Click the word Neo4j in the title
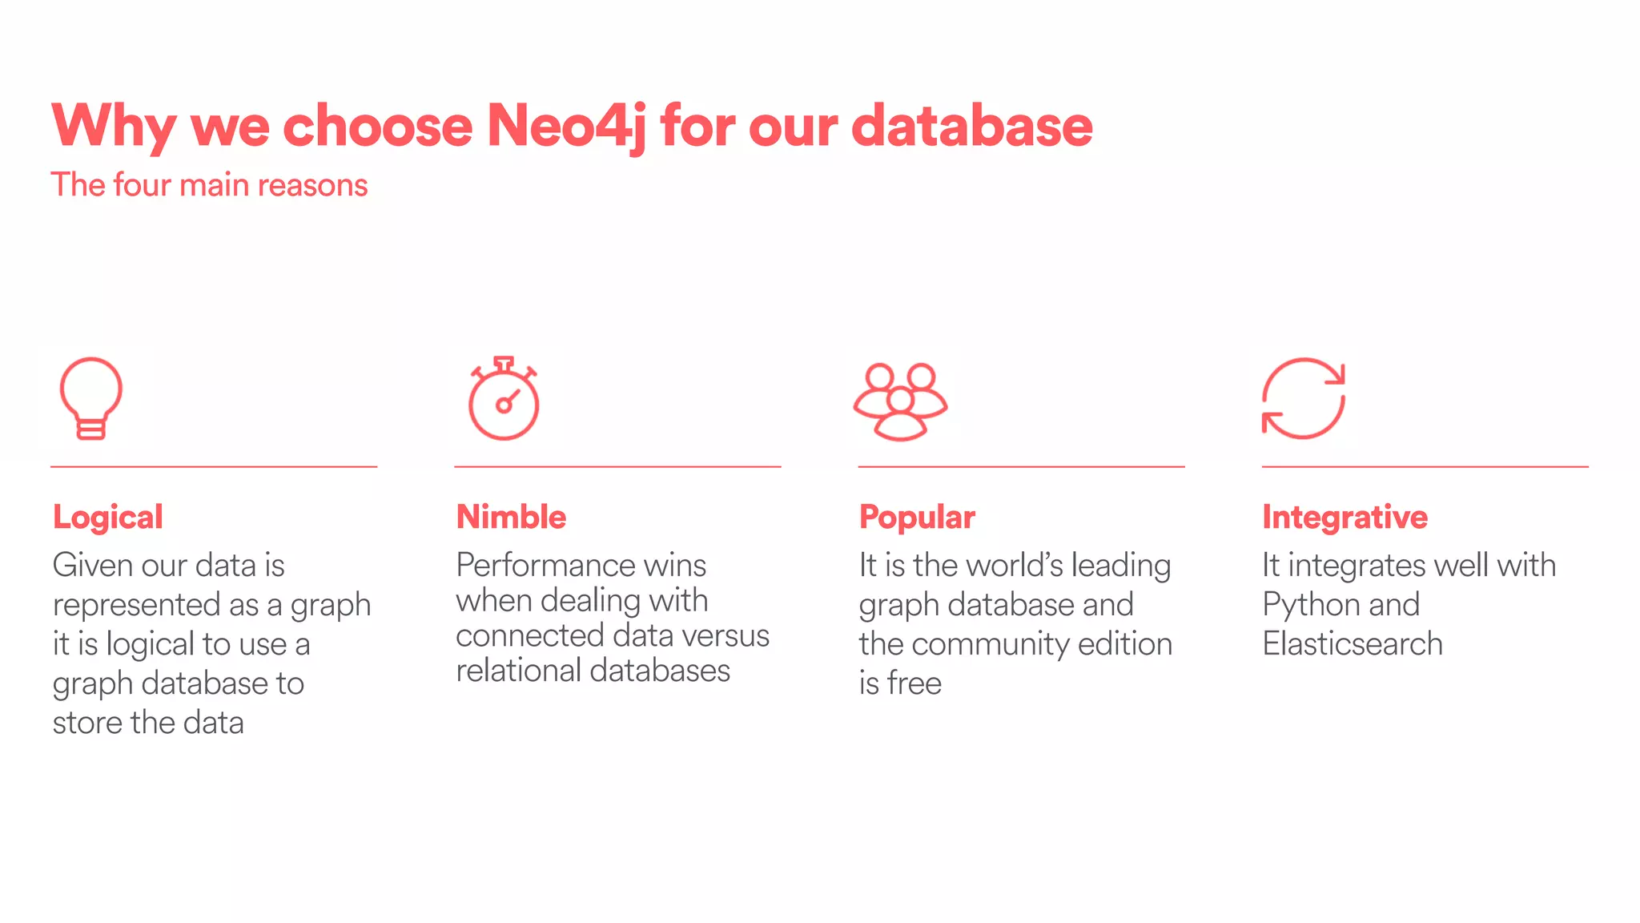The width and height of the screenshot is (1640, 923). coord(565,127)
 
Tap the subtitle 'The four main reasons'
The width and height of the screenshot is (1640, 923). coord(209,185)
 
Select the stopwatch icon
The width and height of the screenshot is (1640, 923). coord(504,399)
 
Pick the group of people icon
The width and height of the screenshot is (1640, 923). coord(900,401)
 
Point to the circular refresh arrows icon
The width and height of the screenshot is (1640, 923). coord(1303,399)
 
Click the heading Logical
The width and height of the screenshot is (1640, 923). coord(108,518)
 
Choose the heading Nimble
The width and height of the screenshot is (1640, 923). coord(511,517)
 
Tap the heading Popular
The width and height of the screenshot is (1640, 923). coord(917,518)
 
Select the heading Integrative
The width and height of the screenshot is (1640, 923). coord(1345,518)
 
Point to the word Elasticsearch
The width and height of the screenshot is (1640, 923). coord(1353,644)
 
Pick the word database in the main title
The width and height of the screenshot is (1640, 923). coord(971,127)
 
